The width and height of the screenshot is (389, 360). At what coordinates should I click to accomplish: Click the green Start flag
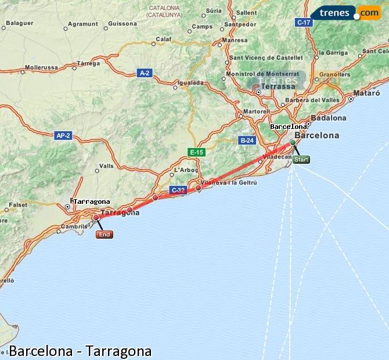pyautogui.click(x=301, y=160)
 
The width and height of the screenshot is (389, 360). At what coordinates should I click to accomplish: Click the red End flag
pyautogui.click(x=104, y=235)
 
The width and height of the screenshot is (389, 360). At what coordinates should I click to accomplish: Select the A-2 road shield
pyautogui.click(x=145, y=73)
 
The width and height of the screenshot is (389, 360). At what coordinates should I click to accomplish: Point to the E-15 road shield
pyautogui.click(x=197, y=152)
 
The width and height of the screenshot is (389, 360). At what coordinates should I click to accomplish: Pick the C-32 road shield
pyautogui.click(x=178, y=190)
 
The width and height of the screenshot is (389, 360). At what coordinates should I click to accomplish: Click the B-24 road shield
pyautogui.click(x=247, y=140)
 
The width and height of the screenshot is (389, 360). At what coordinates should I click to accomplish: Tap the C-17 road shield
pyautogui.click(x=304, y=22)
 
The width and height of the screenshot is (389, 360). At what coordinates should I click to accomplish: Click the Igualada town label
pyautogui.click(x=192, y=83)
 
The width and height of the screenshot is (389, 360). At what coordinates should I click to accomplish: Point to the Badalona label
pyautogui.click(x=328, y=118)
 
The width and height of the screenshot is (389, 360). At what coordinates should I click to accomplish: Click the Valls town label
pyautogui.click(x=106, y=166)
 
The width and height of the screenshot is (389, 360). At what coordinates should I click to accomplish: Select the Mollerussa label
pyautogui.click(x=41, y=67)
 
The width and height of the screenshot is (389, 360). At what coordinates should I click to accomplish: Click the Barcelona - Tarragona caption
pyautogui.click(x=80, y=351)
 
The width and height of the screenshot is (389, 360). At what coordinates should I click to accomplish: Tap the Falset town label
pyautogui.click(x=18, y=205)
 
